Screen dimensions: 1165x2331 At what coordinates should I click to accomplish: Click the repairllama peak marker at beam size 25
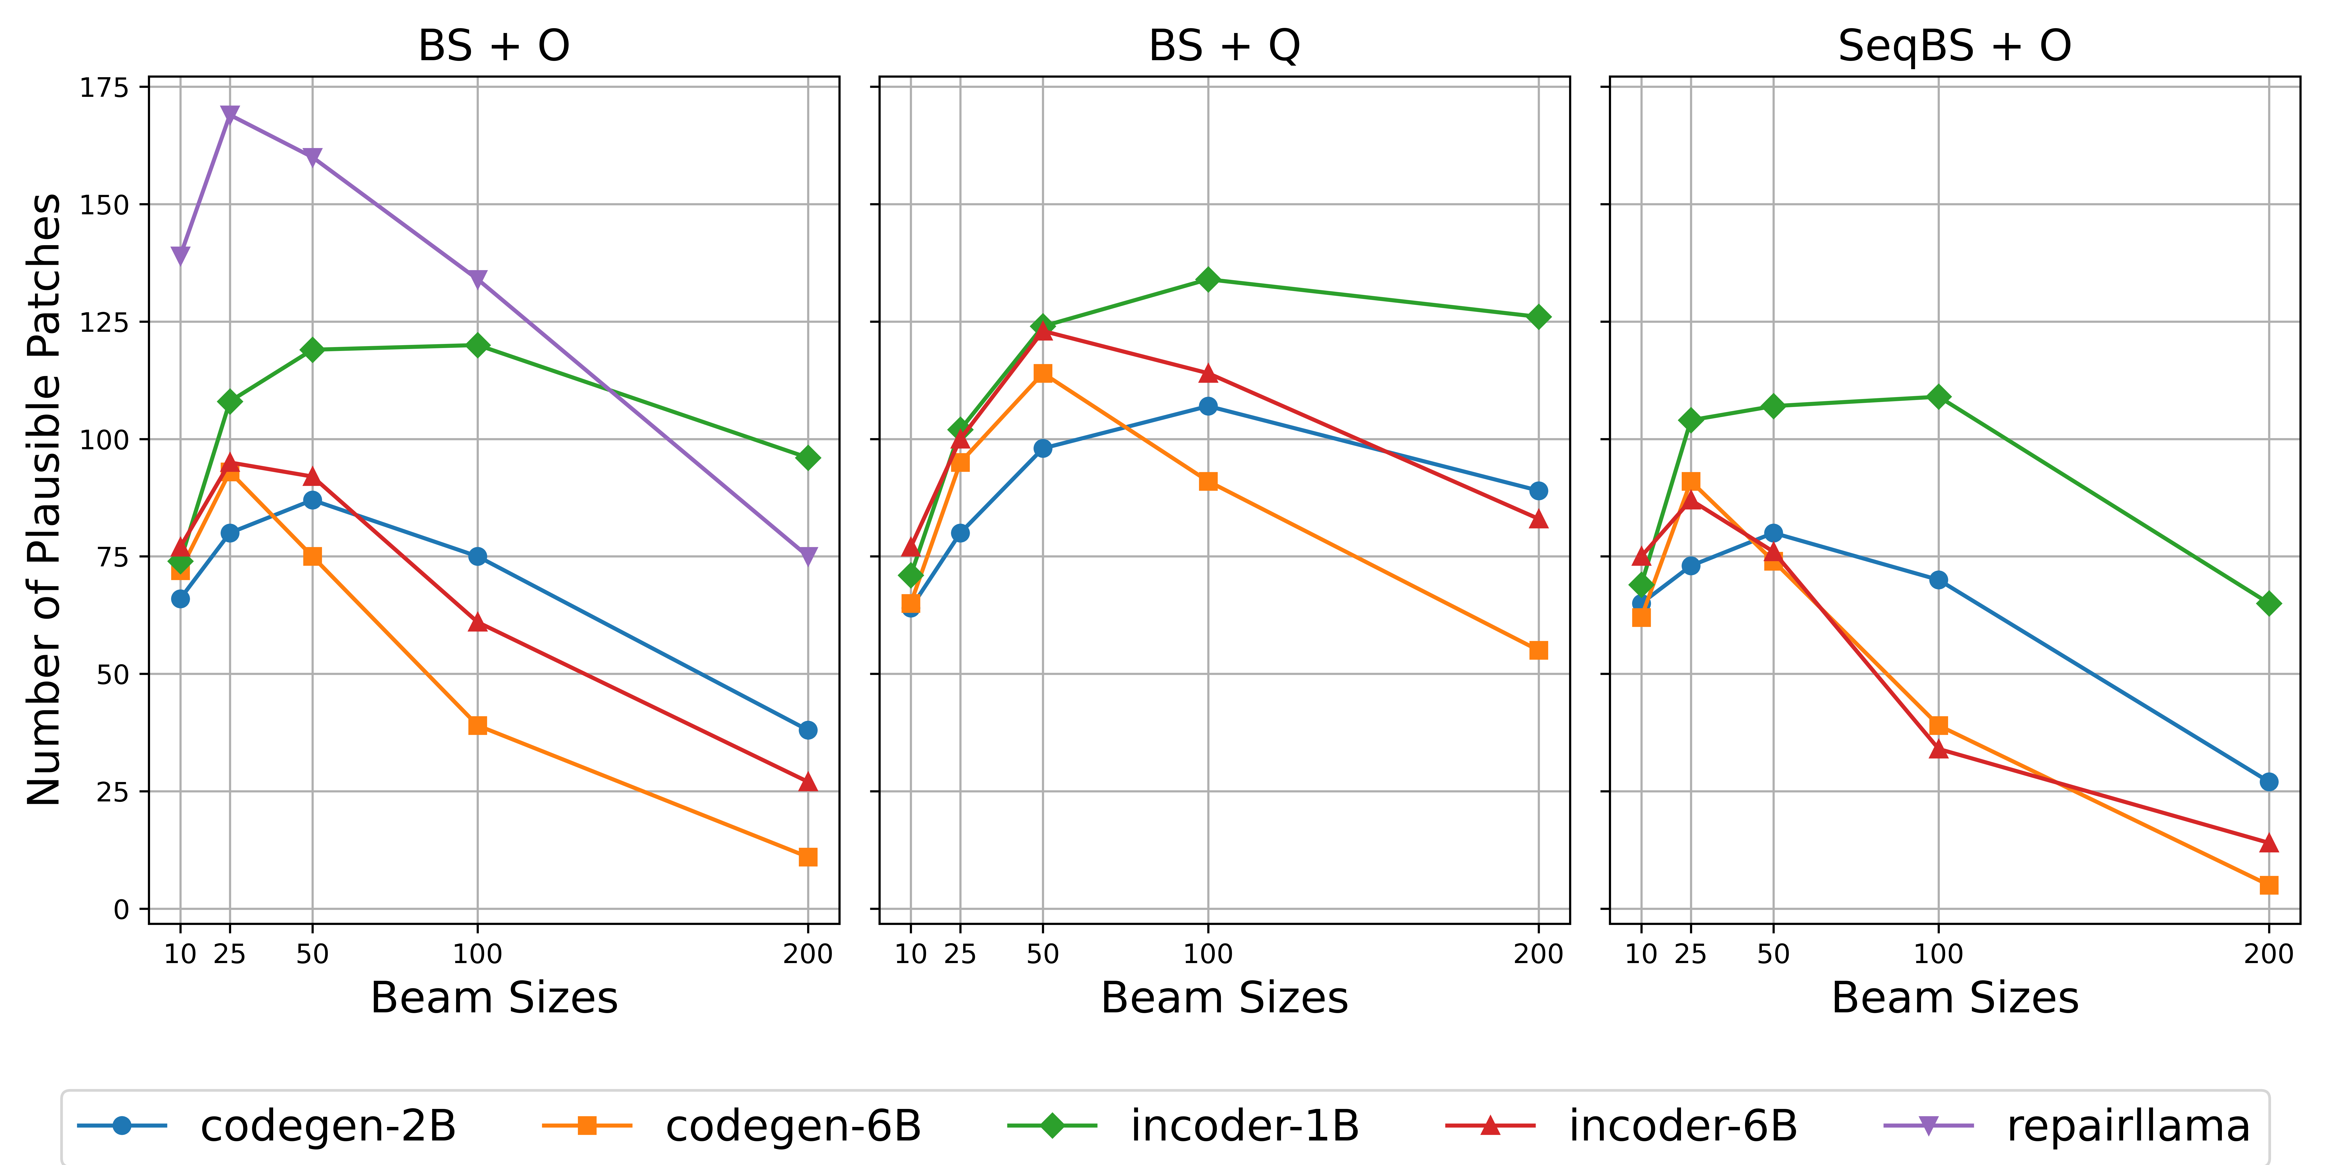click(x=230, y=115)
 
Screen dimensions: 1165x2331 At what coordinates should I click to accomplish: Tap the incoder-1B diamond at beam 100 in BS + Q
click(x=1208, y=280)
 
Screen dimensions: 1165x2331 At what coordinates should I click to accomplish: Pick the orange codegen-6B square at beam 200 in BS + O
click(x=808, y=857)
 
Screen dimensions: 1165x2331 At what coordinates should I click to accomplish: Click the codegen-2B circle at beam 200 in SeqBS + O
click(x=2269, y=782)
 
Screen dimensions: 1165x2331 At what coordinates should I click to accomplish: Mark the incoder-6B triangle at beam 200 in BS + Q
click(x=1538, y=519)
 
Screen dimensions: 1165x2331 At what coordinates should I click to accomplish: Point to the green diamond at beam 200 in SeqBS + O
click(x=2269, y=603)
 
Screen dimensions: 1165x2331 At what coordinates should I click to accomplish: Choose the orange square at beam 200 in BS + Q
click(x=1538, y=650)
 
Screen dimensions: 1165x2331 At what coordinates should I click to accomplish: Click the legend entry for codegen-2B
click(x=328, y=1126)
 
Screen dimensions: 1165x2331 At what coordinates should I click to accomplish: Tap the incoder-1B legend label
click(x=1244, y=1126)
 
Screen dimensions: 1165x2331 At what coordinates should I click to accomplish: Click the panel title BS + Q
click(x=1224, y=45)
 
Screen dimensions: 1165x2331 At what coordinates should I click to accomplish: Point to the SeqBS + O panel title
click(x=1955, y=45)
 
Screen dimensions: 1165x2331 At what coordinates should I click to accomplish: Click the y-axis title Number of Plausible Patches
click(x=43, y=499)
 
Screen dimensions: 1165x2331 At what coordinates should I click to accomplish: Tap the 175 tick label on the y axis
click(x=104, y=88)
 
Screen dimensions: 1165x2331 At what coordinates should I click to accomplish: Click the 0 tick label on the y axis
click(x=120, y=909)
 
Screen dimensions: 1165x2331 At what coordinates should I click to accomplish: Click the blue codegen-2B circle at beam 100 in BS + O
click(x=478, y=556)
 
